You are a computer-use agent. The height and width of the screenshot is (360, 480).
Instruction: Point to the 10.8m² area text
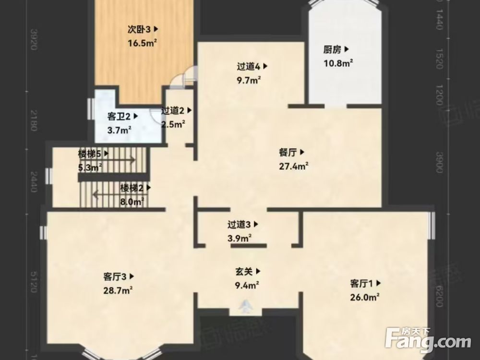click(x=338, y=62)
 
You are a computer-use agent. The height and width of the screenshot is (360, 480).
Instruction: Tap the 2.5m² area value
click(x=173, y=124)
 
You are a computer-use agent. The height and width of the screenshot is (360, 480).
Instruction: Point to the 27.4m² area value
click(x=293, y=166)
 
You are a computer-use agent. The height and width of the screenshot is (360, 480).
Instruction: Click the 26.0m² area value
click(x=365, y=297)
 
